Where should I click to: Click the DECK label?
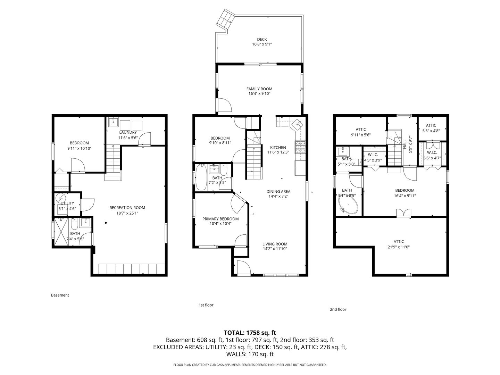pyautogui.click(x=262, y=39)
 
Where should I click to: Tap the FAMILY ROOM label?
pyautogui.click(x=259, y=89)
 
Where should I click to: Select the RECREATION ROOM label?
pyautogui.click(x=127, y=208)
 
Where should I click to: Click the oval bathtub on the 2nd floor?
pyautogui.click(x=348, y=205)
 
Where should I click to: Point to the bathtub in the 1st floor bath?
pyautogui.click(x=201, y=177)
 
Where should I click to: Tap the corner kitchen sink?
pyautogui.click(x=298, y=125)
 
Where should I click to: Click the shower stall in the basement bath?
pyautogui.click(x=61, y=231)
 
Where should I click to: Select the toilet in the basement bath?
pyautogui.click(x=74, y=224)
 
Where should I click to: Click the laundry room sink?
pyautogui.click(x=113, y=122)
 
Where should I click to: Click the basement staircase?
pyautogui.click(x=113, y=162)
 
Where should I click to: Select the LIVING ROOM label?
pyautogui.click(x=275, y=244)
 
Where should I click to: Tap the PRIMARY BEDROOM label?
pyautogui.click(x=220, y=219)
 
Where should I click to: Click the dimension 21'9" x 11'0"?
pyautogui.click(x=399, y=247)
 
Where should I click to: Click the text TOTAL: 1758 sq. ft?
pyautogui.click(x=250, y=333)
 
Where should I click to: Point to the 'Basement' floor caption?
pyautogui.click(x=60, y=295)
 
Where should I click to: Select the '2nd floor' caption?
pyautogui.click(x=338, y=309)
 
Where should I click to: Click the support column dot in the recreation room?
pyautogui.click(x=106, y=223)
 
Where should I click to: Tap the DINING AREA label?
pyautogui.click(x=278, y=191)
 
